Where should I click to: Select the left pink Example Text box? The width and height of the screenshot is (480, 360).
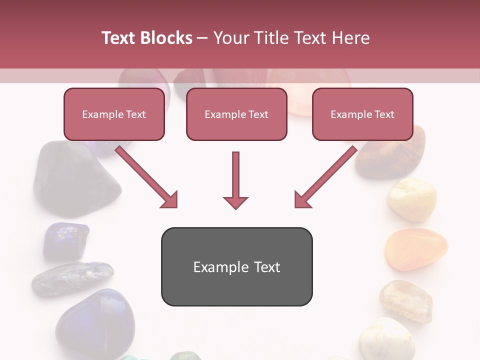click(x=114, y=114)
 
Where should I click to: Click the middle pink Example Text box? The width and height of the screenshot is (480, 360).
click(x=236, y=114)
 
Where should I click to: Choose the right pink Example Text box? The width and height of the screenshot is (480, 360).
click(x=362, y=114)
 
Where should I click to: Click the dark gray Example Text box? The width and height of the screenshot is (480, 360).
click(x=236, y=266)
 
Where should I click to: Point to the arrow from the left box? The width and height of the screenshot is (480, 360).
click(x=147, y=177)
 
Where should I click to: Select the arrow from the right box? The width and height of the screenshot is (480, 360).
click(x=325, y=177)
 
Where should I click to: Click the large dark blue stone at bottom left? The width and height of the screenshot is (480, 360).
click(x=95, y=322)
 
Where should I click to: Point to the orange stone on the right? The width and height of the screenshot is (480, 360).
click(x=415, y=249)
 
